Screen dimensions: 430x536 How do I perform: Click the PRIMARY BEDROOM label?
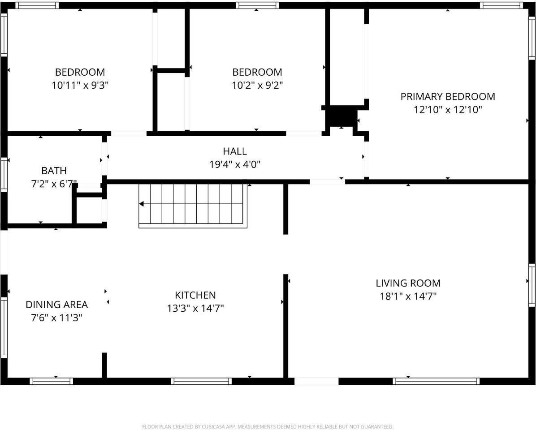click(447, 96)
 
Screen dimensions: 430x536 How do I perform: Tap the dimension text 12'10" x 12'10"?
click(447, 109)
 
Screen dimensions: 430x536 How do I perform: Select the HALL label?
click(235, 151)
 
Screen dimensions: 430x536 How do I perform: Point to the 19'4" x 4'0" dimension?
click(235, 164)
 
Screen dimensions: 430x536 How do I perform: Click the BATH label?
click(54, 171)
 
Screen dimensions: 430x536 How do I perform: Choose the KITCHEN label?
click(195, 295)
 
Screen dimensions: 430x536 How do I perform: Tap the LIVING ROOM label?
click(408, 283)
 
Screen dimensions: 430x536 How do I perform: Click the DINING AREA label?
click(56, 305)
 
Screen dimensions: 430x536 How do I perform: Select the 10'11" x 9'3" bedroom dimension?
click(80, 85)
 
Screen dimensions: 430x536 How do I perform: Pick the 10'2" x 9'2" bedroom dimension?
click(257, 85)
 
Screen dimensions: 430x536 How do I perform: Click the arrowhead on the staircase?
click(142, 204)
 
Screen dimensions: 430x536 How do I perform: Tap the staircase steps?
click(197, 204)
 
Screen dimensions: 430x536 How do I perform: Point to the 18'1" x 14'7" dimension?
click(408, 296)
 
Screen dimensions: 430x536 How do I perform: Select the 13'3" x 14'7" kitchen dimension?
click(195, 308)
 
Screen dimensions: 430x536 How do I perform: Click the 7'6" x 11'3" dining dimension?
click(56, 318)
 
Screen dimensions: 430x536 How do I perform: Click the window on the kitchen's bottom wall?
click(201, 381)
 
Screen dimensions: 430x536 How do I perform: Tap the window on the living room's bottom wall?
click(436, 381)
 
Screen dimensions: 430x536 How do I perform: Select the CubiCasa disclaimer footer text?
click(268, 427)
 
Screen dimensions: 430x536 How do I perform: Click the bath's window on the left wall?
click(4, 175)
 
